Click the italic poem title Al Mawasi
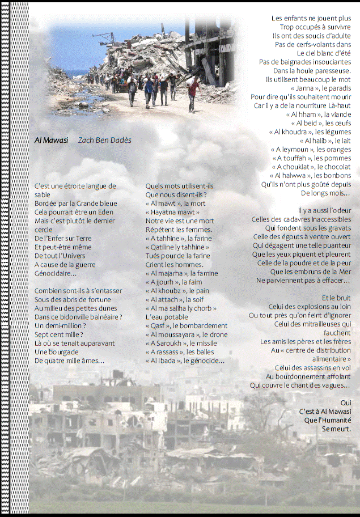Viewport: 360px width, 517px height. click(x=51, y=140)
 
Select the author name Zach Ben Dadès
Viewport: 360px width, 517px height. click(x=104, y=140)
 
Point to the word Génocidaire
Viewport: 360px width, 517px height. click(x=55, y=273)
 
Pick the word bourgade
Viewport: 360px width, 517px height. click(x=64, y=352)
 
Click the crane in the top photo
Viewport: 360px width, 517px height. click(x=103, y=39)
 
